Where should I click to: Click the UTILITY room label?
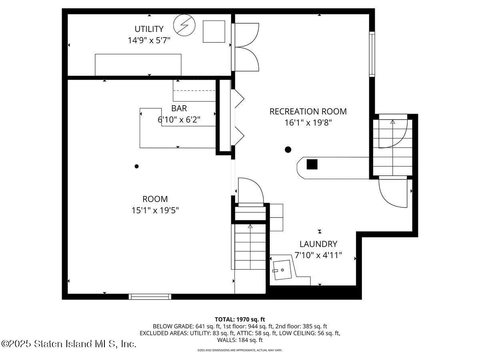(x=149, y=29)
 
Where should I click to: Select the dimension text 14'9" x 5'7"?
(x=149, y=40)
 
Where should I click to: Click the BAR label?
(x=179, y=108)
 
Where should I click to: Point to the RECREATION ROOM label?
(x=308, y=112)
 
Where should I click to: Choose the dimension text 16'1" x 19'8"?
(x=308, y=123)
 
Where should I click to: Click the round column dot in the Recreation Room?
(x=288, y=150)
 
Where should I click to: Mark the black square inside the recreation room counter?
(x=312, y=164)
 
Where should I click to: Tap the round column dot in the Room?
(x=136, y=166)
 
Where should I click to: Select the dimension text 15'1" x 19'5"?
(x=155, y=210)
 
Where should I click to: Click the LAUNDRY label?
(x=318, y=244)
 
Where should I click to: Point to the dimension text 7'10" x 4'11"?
(x=318, y=255)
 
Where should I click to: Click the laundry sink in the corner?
(x=282, y=270)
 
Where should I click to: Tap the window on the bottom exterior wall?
(x=150, y=296)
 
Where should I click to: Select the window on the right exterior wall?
(x=372, y=54)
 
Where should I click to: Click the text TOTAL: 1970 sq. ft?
(x=240, y=319)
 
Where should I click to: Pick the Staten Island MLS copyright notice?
(x=69, y=344)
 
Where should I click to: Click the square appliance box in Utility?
(x=214, y=31)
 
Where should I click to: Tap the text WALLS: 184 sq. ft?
(x=240, y=340)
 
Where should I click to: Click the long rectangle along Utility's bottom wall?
(x=138, y=64)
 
